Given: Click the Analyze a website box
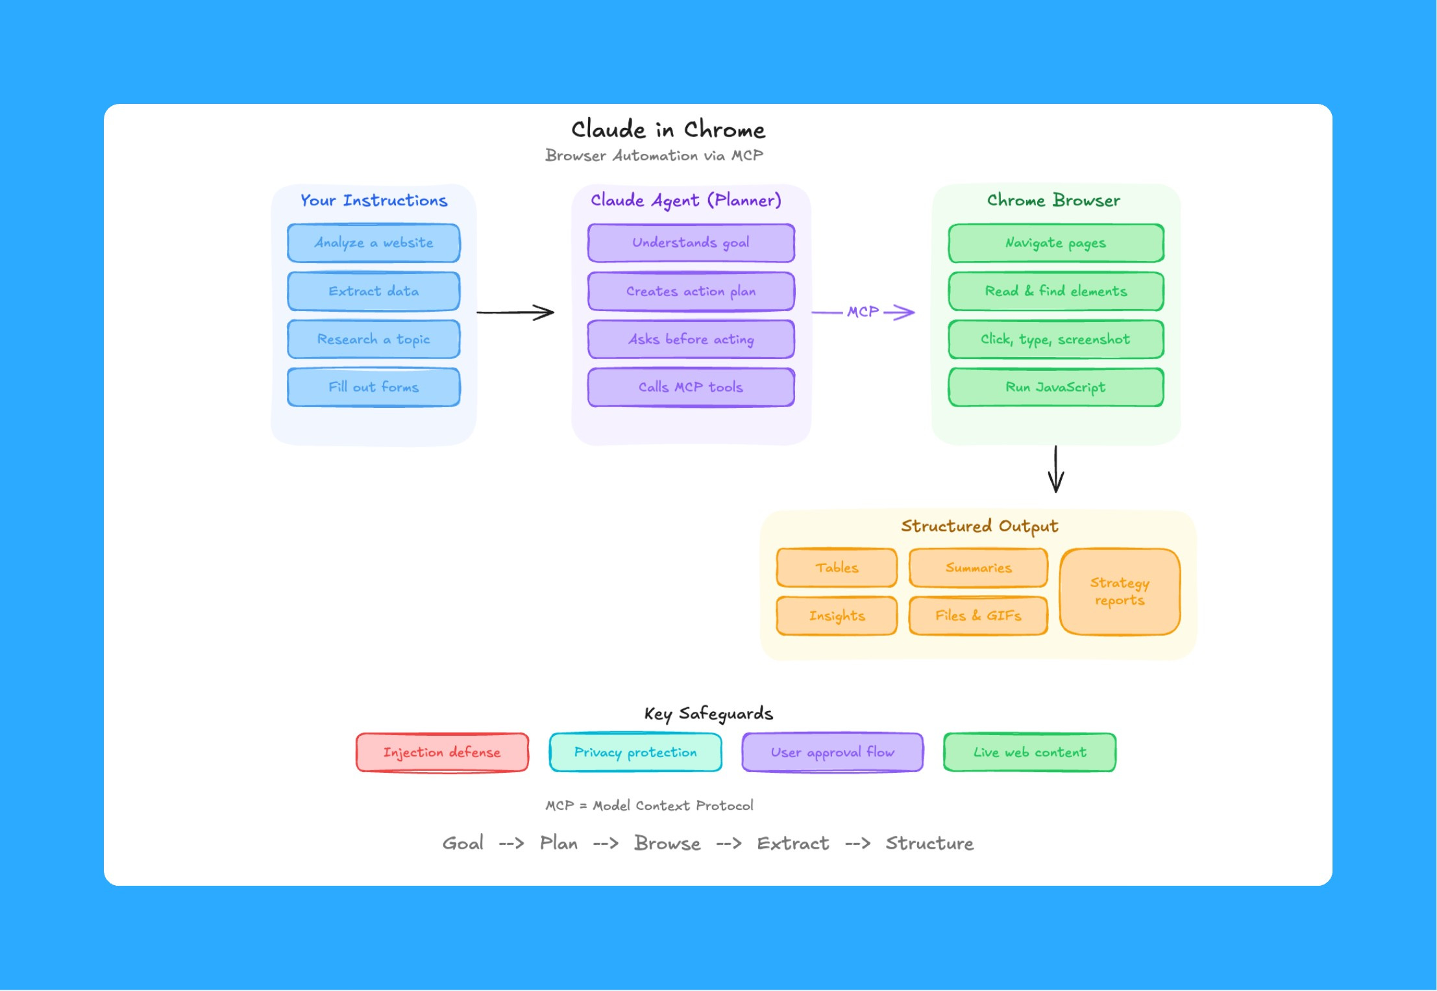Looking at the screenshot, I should pyautogui.click(x=373, y=243).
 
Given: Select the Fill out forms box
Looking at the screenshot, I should pyautogui.click(x=373, y=387).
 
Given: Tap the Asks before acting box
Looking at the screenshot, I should pyautogui.click(x=691, y=339).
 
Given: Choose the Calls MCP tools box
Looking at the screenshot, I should pyautogui.click(x=691, y=387).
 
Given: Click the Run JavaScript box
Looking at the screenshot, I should pyautogui.click(x=1055, y=387).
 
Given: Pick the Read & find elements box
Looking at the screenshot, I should pyautogui.click(x=1055, y=291).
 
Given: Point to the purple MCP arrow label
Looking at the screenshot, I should pyautogui.click(x=863, y=312).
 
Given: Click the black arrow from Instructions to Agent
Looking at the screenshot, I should pyautogui.click(x=515, y=312).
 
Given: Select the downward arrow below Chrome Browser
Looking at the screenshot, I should pyautogui.click(x=1056, y=469).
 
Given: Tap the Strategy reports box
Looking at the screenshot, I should pyautogui.click(x=1120, y=592).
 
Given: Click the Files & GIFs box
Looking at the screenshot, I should pyautogui.click(x=977, y=616).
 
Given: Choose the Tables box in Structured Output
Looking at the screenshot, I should pyautogui.click(x=837, y=568).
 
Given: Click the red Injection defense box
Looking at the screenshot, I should pyautogui.click(x=442, y=752).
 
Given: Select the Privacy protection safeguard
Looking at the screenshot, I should pyautogui.click(x=635, y=752).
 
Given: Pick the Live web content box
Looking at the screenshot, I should pyautogui.click(x=1029, y=752).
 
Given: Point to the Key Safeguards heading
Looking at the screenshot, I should pyautogui.click(x=708, y=714).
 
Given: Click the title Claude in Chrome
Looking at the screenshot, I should pyautogui.click(x=668, y=129).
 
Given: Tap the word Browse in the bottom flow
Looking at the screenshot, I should pyautogui.click(x=667, y=843).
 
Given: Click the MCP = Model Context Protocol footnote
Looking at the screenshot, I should pyautogui.click(x=649, y=805).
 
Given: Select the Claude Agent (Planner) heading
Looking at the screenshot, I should pyautogui.click(x=686, y=200).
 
